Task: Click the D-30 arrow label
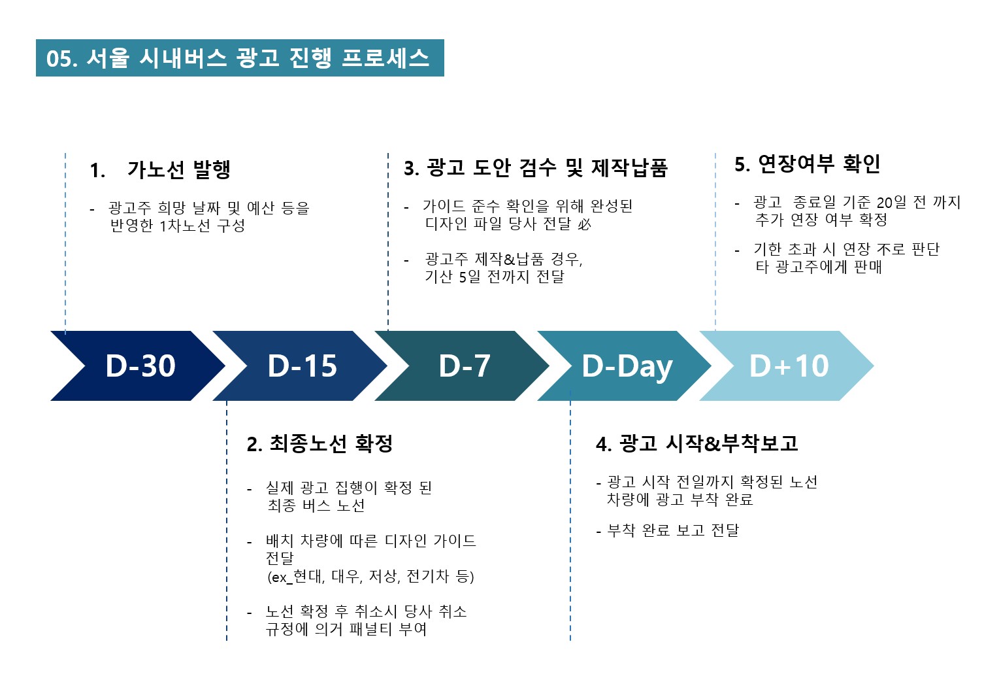coord(140,366)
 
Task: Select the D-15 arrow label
coord(302,366)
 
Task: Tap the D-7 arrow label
coord(465,366)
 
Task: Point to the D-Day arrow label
coord(627,367)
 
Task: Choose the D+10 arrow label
coord(789,366)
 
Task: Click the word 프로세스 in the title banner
coord(385,58)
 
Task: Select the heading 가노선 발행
coord(179,169)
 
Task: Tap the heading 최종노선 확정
coord(331,443)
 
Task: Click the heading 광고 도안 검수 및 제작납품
coord(547,167)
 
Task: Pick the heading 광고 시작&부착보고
coord(708,443)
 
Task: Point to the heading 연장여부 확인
coord(819,163)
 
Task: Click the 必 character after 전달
coord(584,224)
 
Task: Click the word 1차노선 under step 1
coord(185,226)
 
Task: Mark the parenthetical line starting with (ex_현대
coord(371,576)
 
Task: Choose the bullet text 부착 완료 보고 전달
coord(673,530)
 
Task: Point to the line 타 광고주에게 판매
coord(819,267)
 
